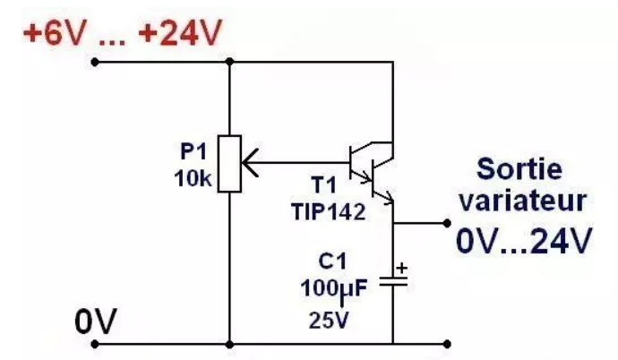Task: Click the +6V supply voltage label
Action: pos(54,32)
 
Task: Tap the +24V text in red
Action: pos(181,32)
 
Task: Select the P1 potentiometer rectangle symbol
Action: pos(229,164)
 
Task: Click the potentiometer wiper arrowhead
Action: pos(250,162)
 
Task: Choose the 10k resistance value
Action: pos(193,178)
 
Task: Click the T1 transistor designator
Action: pos(323,184)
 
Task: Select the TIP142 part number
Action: pos(329,212)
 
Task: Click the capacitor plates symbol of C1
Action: pos(393,280)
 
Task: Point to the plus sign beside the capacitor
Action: pos(401,269)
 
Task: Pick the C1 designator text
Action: pos(332,261)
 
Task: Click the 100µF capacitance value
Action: pos(334,289)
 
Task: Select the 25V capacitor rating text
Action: pos(329,320)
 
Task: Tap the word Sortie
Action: pos(519,169)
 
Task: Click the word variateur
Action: pos(523,201)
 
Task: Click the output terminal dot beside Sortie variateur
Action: pos(447,223)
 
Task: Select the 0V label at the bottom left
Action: pos(96,321)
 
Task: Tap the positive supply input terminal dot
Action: pos(95,62)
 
